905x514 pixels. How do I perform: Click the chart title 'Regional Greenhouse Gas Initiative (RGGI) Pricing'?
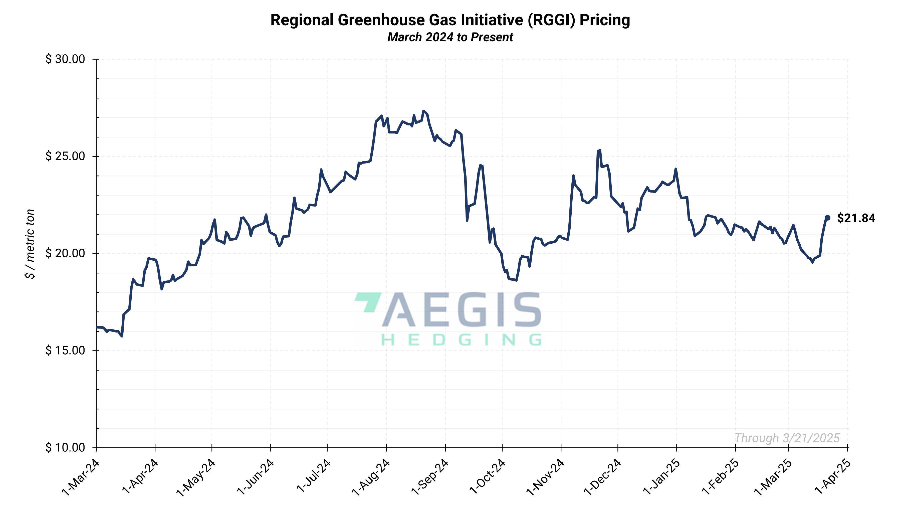click(x=450, y=20)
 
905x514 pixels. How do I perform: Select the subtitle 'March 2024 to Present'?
click(x=450, y=37)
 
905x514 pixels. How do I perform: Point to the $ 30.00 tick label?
click(x=65, y=59)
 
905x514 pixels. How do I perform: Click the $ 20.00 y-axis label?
click(x=65, y=253)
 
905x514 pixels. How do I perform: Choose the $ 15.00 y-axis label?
click(x=65, y=350)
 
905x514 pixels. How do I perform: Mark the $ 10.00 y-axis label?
click(x=65, y=447)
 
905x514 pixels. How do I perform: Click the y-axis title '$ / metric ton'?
click(x=30, y=244)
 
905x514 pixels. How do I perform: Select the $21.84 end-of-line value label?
click(x=856, y=218)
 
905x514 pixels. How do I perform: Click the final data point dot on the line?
click(x=827, y=218)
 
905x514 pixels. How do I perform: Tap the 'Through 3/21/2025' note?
click(x=787, y=438)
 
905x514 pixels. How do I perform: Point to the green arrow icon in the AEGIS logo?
click(x=368, y=301)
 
